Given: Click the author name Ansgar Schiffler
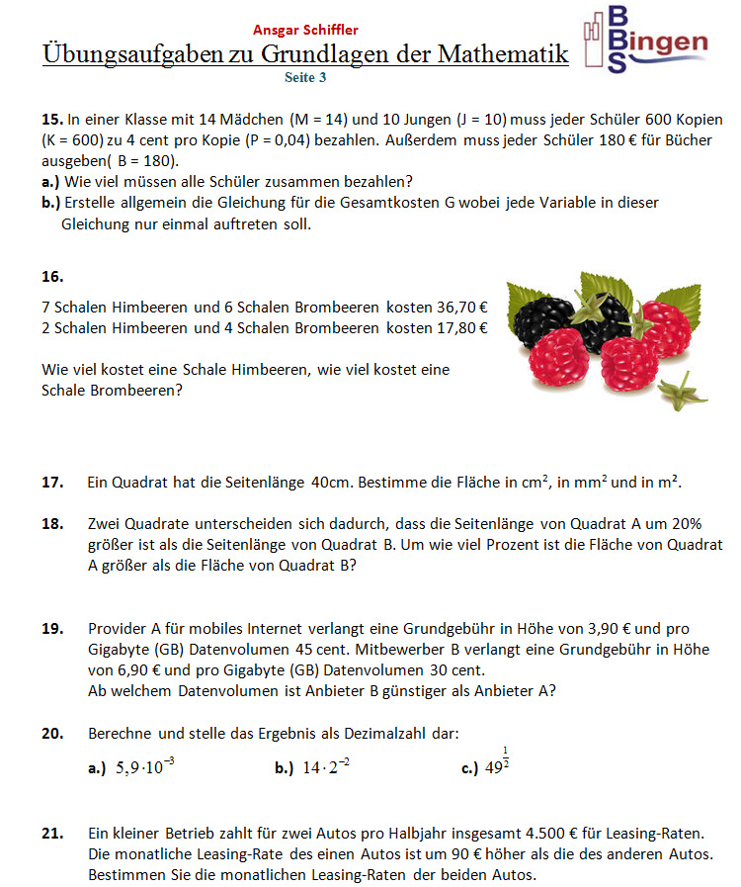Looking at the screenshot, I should pyautogui.click(x=305, y=30).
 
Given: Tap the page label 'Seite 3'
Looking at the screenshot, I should pyautogui.click(x=304, y=75).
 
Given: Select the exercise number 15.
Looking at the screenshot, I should pyautogui.click(x=51, y=119).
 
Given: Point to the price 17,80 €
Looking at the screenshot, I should pyautogui.click(x=461, y=327).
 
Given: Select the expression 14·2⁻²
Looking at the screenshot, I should pyautogui.click(x=327, y=767).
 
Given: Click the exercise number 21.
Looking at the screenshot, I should pyautogui.click(x=52, y=834).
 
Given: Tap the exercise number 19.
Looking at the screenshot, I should pyautogui.click(x=52, y=628).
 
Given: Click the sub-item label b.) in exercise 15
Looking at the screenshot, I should pyautogui.click(x=51, y=202).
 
